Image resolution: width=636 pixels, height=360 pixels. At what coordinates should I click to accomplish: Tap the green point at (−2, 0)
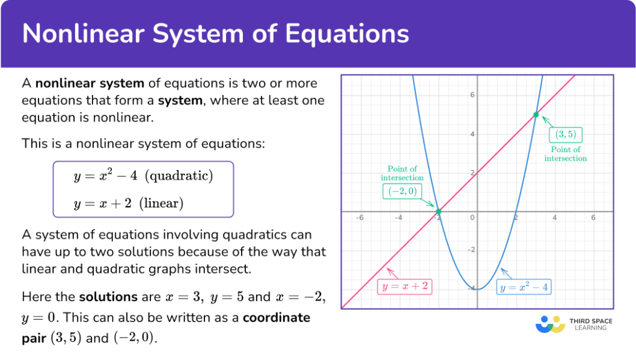pos(438,212)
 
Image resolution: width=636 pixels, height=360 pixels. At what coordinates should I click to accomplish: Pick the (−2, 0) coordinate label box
pos(402,192)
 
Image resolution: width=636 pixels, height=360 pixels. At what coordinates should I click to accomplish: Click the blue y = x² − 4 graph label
pos(525,287)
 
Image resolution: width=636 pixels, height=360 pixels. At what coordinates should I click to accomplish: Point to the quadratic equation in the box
pos(143,176)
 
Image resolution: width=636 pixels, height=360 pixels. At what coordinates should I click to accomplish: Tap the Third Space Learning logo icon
pos(550,323)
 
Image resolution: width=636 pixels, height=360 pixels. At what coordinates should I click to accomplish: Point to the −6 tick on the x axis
pos(359,218)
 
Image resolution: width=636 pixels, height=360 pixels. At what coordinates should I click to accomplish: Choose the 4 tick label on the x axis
pos(554,218)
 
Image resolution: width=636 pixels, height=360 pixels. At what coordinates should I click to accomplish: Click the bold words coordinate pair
pos(276,317)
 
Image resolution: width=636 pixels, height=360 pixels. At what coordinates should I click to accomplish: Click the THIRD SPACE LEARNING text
pos(591,324)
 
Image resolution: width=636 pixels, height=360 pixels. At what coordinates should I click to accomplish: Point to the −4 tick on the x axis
pos(398,218)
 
